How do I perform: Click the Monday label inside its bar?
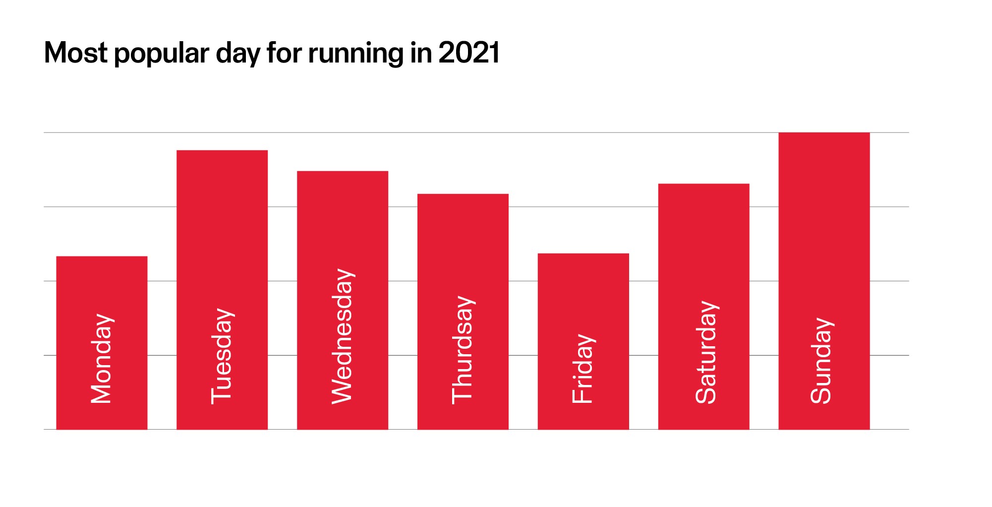click(x=102, y=358)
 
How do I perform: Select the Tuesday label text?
click(x=222, y=356)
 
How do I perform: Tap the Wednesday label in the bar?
click(x=343, y=336)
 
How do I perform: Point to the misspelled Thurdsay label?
click(x=463, y=350)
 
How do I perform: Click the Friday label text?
click(x=584, y=368)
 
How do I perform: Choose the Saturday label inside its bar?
click(x=706, y=352)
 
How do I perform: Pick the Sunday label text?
click(x=822, y=360)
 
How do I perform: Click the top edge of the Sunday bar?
click(x=824, y=133)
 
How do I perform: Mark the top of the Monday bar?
click(x=102, y=257)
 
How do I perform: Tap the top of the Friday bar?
click(x=583, y=254)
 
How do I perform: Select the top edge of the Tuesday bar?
click(x=222, y=151)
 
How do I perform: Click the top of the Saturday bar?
click(x=703, y=185)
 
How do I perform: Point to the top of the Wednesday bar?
click(x=343, y=172)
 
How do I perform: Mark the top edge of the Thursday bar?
click(x=463, y=194)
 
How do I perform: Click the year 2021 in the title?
click(x=469, y=53)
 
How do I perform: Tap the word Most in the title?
click(x=75, y=53)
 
